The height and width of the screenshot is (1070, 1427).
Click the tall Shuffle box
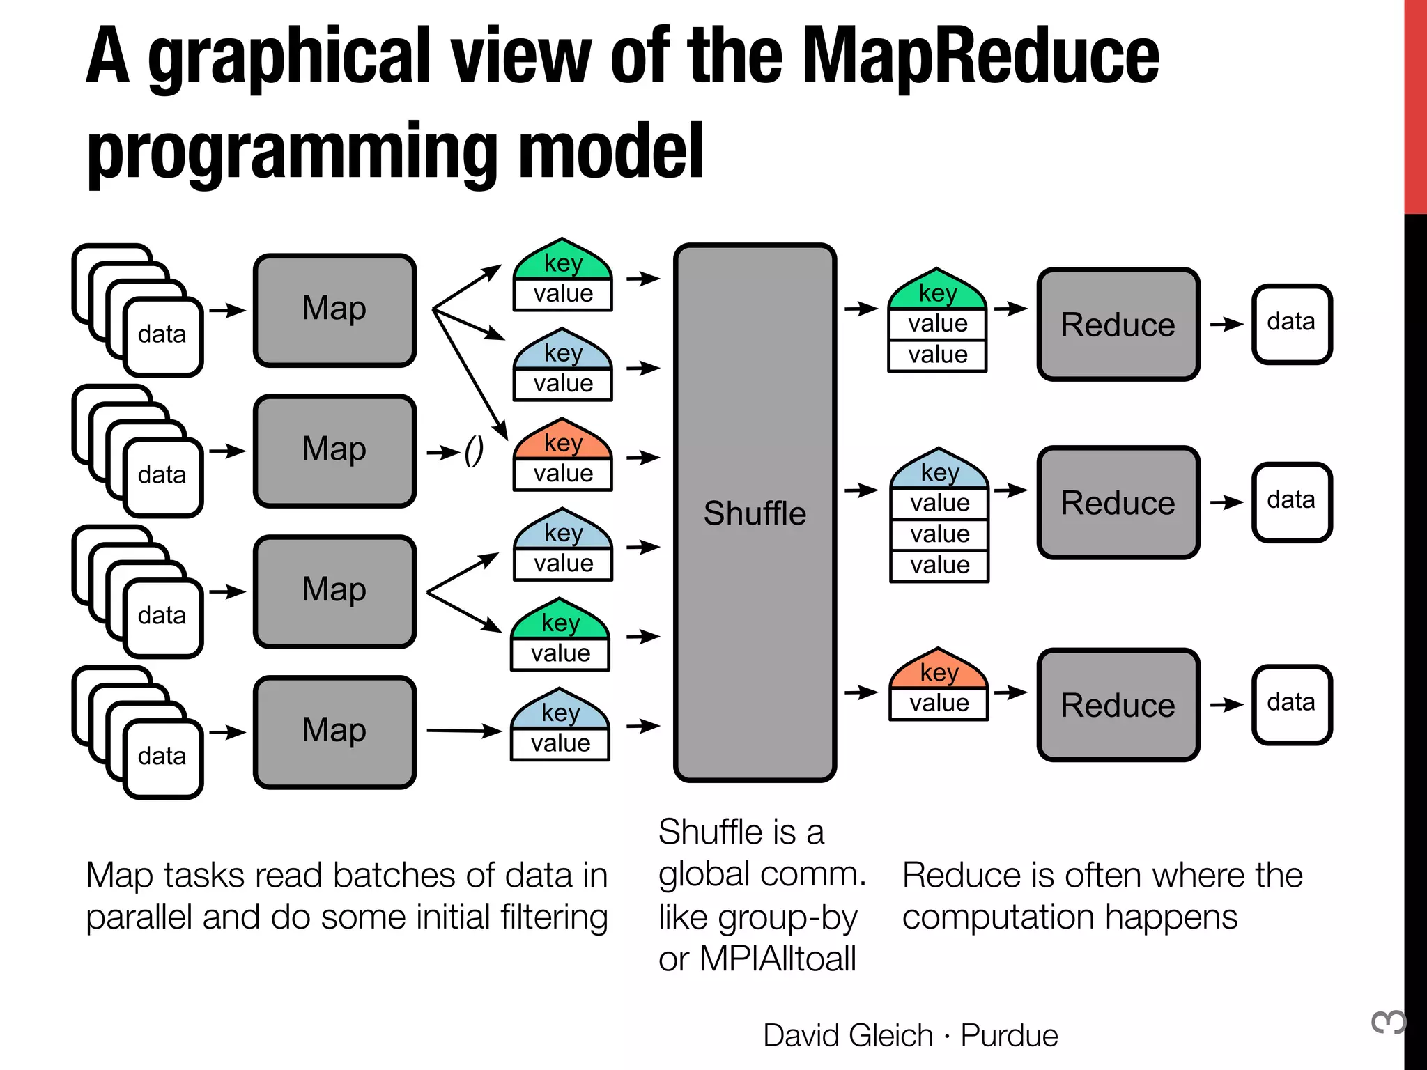tap(755, 512)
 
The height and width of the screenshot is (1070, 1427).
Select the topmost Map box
tap(334, 310)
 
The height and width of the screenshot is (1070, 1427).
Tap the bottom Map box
tap(334, 731)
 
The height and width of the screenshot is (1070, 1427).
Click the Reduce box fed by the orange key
tap(1118, 704)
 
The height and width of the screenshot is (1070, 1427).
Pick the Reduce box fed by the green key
tap(1118, 324)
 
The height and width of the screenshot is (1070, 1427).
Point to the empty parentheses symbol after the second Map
tap(474, 451)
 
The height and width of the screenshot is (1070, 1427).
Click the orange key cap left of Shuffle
tap(563, 441)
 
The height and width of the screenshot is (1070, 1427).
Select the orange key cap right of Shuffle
tap(939, 671)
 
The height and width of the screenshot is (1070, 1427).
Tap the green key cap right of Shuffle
tap(937, 292)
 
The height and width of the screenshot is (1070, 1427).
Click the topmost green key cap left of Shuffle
tap(563, 262)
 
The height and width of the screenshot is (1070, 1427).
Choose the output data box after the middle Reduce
tap(1292, 502)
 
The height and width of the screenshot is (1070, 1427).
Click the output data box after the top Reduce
tap(1292, 323)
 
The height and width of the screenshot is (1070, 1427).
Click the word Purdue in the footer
tap(1009, 1035)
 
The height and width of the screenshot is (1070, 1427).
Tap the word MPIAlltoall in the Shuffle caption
tap(778, 959)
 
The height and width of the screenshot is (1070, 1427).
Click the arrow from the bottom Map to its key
tap(463, 731)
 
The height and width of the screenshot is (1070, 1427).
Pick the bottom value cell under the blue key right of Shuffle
tap(939, 565)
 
